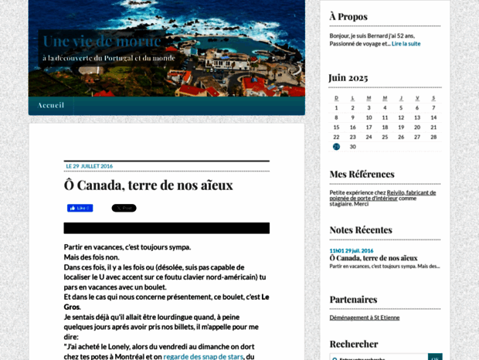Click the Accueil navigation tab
(x=51, y=105)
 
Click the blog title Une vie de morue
(x=102, y=41)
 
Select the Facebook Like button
(x=80, y=208)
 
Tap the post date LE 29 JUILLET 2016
(x=90, y=166)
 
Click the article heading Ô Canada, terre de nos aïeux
(x=148, y=185)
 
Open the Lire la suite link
(x=406, y=43)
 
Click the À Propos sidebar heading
(x=348, y=16)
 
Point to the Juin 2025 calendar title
(x=348, y=77)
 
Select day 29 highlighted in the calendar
(x=336, y=146)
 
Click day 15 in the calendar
(x=336, y=127)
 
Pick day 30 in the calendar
(x=353, y=146)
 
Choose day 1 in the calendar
(x=336, y=107)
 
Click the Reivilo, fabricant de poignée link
(x=411, y=192)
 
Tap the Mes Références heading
(x=362, y=174)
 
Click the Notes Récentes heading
(x=361, y=229)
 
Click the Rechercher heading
(x=354, y=344)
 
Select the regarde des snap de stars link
(x=203, y=356)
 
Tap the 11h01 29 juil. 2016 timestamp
(x=352, y=250)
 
